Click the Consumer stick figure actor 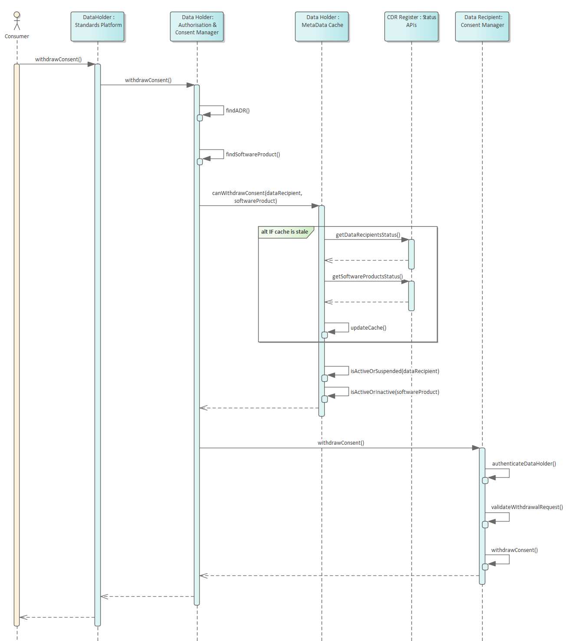coord(16,21)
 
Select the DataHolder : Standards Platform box coord(98,26)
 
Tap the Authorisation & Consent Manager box coord(197,26)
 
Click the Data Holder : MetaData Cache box coord(322,26)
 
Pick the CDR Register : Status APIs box coord(411,26)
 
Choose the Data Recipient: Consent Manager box coord(482,26)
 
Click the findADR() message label coord(237,111)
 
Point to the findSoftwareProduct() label coord(253,155)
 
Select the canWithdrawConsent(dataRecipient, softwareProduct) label coord(256,197)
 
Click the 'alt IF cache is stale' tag coord(284,232)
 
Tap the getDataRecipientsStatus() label coord(368,235)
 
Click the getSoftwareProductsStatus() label coord(367,277)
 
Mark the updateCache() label coord(368,328)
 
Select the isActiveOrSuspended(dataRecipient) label coord(394,371)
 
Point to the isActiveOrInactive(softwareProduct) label coord(394,392)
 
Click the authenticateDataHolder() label coord(523,464)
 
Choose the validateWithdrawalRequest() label coord(526,507)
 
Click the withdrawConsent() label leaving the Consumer coord(58,59)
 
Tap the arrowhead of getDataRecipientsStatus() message coord(405,240)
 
